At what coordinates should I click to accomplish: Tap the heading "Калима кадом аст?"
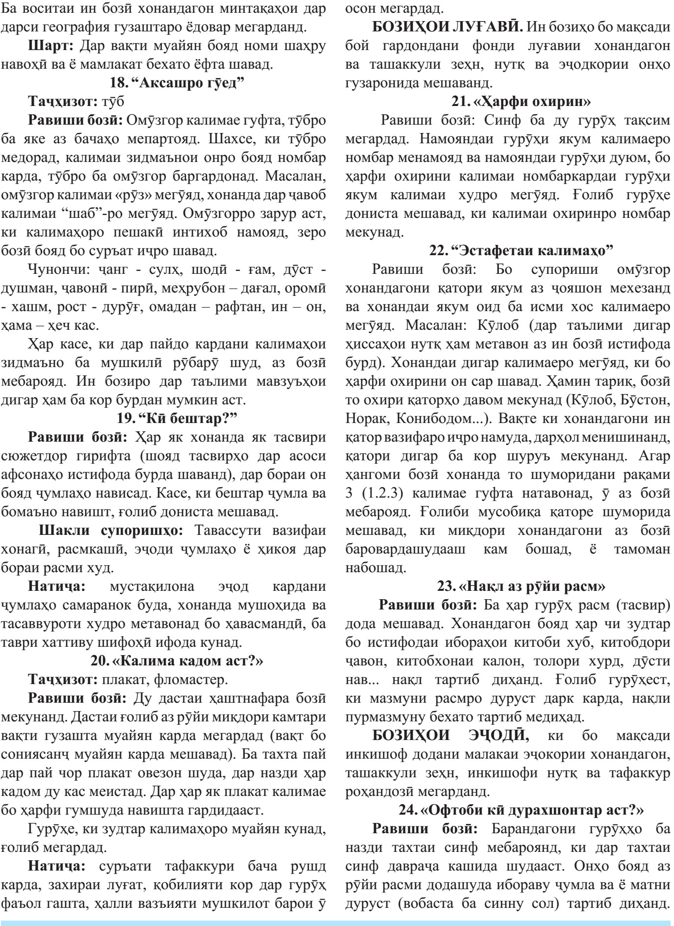177,661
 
